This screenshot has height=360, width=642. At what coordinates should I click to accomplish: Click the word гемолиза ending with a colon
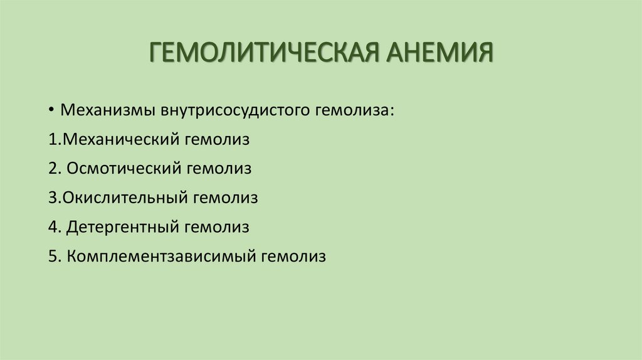(x=355, y=110)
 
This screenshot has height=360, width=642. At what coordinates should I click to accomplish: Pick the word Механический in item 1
(x=120, y=139)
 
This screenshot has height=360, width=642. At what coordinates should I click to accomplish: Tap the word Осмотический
(x=124, y=169)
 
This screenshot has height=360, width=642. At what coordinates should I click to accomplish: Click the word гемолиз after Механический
(x=217, y=139)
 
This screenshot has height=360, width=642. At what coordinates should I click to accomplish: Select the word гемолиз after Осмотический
(x=218, y=169)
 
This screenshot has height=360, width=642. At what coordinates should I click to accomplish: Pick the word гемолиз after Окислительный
(x=226, y=198)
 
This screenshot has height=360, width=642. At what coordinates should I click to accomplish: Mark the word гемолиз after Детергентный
(x=217, y=227)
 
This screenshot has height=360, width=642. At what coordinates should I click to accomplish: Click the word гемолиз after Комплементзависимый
(x=294, y=257)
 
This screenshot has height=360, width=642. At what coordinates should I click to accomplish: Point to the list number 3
(x=52, y=198)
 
